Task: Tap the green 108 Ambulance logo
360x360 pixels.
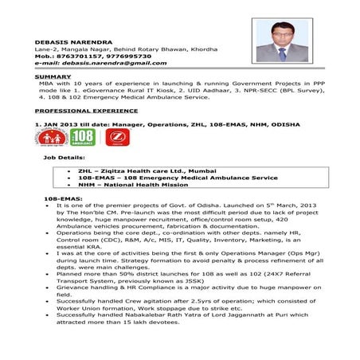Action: [83, 137]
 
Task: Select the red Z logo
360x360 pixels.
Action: [115, 137]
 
